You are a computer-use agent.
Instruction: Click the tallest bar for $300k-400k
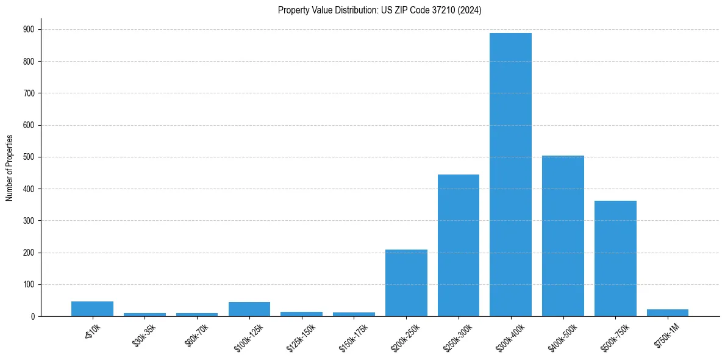click(510, 175)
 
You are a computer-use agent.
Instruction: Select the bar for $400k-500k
click(563, 236)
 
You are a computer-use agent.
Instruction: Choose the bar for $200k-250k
click(406, 283)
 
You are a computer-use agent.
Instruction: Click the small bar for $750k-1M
click(668, 313)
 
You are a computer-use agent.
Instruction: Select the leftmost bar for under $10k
click(92, 309)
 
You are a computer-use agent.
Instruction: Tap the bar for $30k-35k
click(145, 314)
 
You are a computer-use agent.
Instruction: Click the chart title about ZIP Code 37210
click(379, 10)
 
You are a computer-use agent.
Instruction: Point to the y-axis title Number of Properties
click(10, 168)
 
